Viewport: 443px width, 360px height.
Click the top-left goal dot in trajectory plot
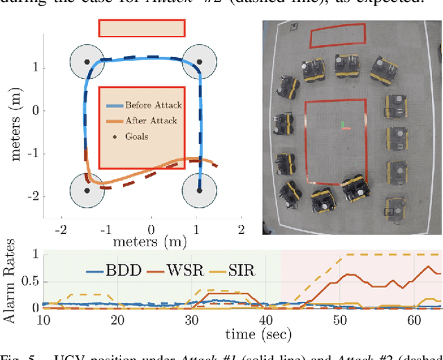click(87, 62)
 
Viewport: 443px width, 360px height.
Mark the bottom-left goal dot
click(87, 190)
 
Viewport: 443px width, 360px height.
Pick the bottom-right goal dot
click(197, 190)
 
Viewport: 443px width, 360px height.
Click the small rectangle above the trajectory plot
click(142, 28)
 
